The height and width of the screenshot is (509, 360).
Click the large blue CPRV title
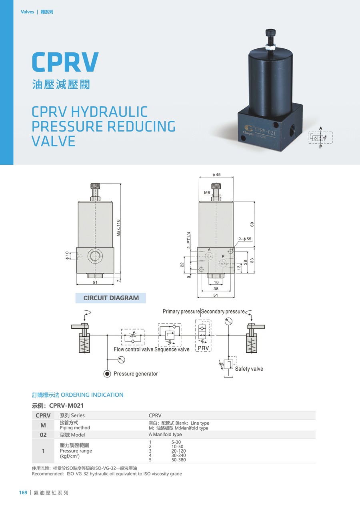click(65, 62)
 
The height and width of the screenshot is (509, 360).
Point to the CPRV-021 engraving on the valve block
click(265, 131)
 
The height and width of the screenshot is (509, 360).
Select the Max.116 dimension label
click(118, 228)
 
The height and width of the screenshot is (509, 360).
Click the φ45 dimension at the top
click(216, 174)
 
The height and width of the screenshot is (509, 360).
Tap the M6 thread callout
click(207, 193)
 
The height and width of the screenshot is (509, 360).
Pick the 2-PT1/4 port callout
click(188, 240)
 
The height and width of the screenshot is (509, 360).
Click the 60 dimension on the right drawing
click(252, 224)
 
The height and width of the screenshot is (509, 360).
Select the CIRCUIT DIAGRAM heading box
click(111, 298)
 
